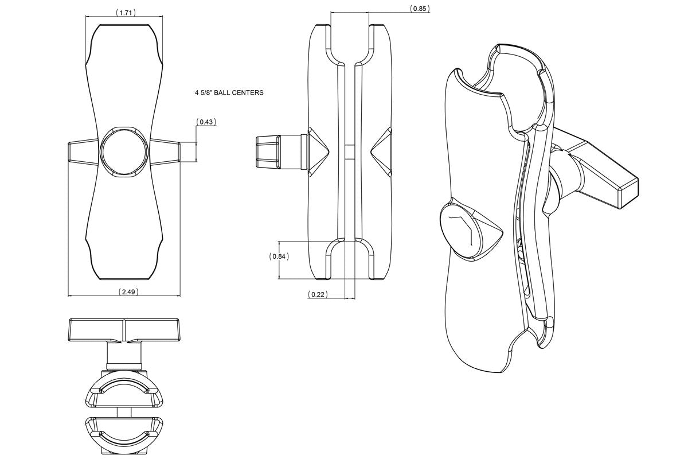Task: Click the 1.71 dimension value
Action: point(126,13)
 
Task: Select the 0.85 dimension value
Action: point(420,9)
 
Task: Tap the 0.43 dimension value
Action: point(206,122)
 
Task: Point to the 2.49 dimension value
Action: point(128,291)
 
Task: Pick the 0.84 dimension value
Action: point(279,256)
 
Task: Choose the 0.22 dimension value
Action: point(318,294)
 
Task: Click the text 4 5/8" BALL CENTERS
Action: point(229,92)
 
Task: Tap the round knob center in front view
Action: point(124,151)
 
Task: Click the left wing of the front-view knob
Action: point(84,152)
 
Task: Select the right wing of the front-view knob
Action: point(165,152)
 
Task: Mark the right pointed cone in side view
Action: point(381,152)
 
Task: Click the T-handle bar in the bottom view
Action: point(124,330)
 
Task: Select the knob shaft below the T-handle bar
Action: point(124,356)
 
